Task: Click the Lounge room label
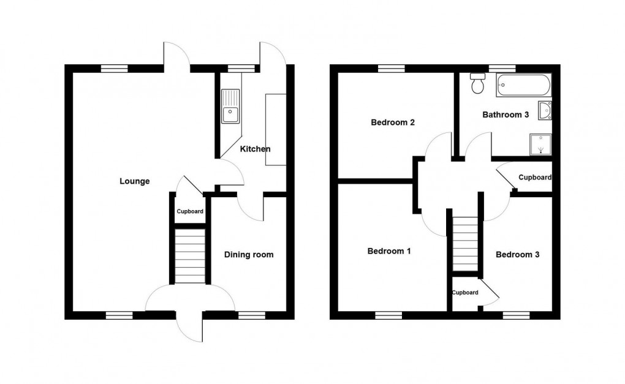pyautogui.click(x=134, y=181)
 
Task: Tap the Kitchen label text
pyautogui.click(x=255, y=149)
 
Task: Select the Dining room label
pyautogui.click(x=248, y=255)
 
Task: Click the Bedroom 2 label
pyautogui.click(x=393, y=122)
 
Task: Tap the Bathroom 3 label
pyautogui.click(x=505, y=115)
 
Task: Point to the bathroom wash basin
pyautogui.click(x=545, y=111)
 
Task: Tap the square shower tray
pyautogui.click(x=540, y=145)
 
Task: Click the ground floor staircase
pyautogui.click(x=189, y=256)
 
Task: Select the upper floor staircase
pyautogui.click(x=465, y=244)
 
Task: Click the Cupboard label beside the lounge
pyautogui.click(x=190, y=212)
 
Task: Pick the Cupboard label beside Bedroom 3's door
pyautogui.click(x=465, y=293)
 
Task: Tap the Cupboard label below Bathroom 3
pyautogui.click(x=534, y=178)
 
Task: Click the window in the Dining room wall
pyautogui.click(x=251, y=315)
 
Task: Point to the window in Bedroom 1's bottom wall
pyautogui.click(x=388, y=315)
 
